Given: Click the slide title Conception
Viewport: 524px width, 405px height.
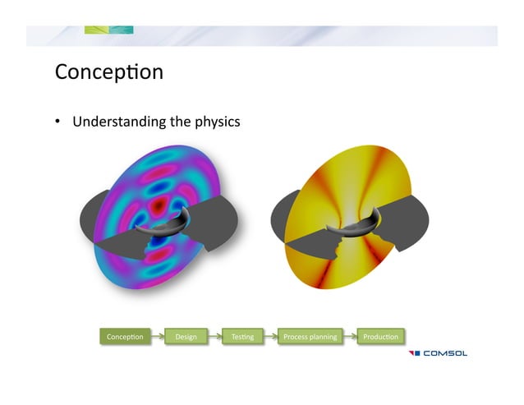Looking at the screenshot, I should tap(109, 72).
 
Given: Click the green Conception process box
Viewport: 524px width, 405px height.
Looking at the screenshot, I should tap(125, 336).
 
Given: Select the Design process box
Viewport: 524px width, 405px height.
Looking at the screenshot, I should tap(185, 336).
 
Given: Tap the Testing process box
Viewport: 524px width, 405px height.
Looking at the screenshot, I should tap(242, 336).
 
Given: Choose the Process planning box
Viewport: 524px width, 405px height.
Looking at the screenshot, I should tap(309, 336).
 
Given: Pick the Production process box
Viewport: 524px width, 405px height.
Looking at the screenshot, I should tap(380, 336).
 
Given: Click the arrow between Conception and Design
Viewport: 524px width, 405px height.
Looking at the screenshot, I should tap(156, 336).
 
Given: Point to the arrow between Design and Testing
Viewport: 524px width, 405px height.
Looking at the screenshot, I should tap(214, 336).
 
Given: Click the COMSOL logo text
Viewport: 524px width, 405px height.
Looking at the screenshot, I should tap(445, 354).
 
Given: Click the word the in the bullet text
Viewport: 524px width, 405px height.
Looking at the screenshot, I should tap(179, 122).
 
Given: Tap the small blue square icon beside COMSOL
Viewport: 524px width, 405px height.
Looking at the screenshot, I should tap(415, 354).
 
